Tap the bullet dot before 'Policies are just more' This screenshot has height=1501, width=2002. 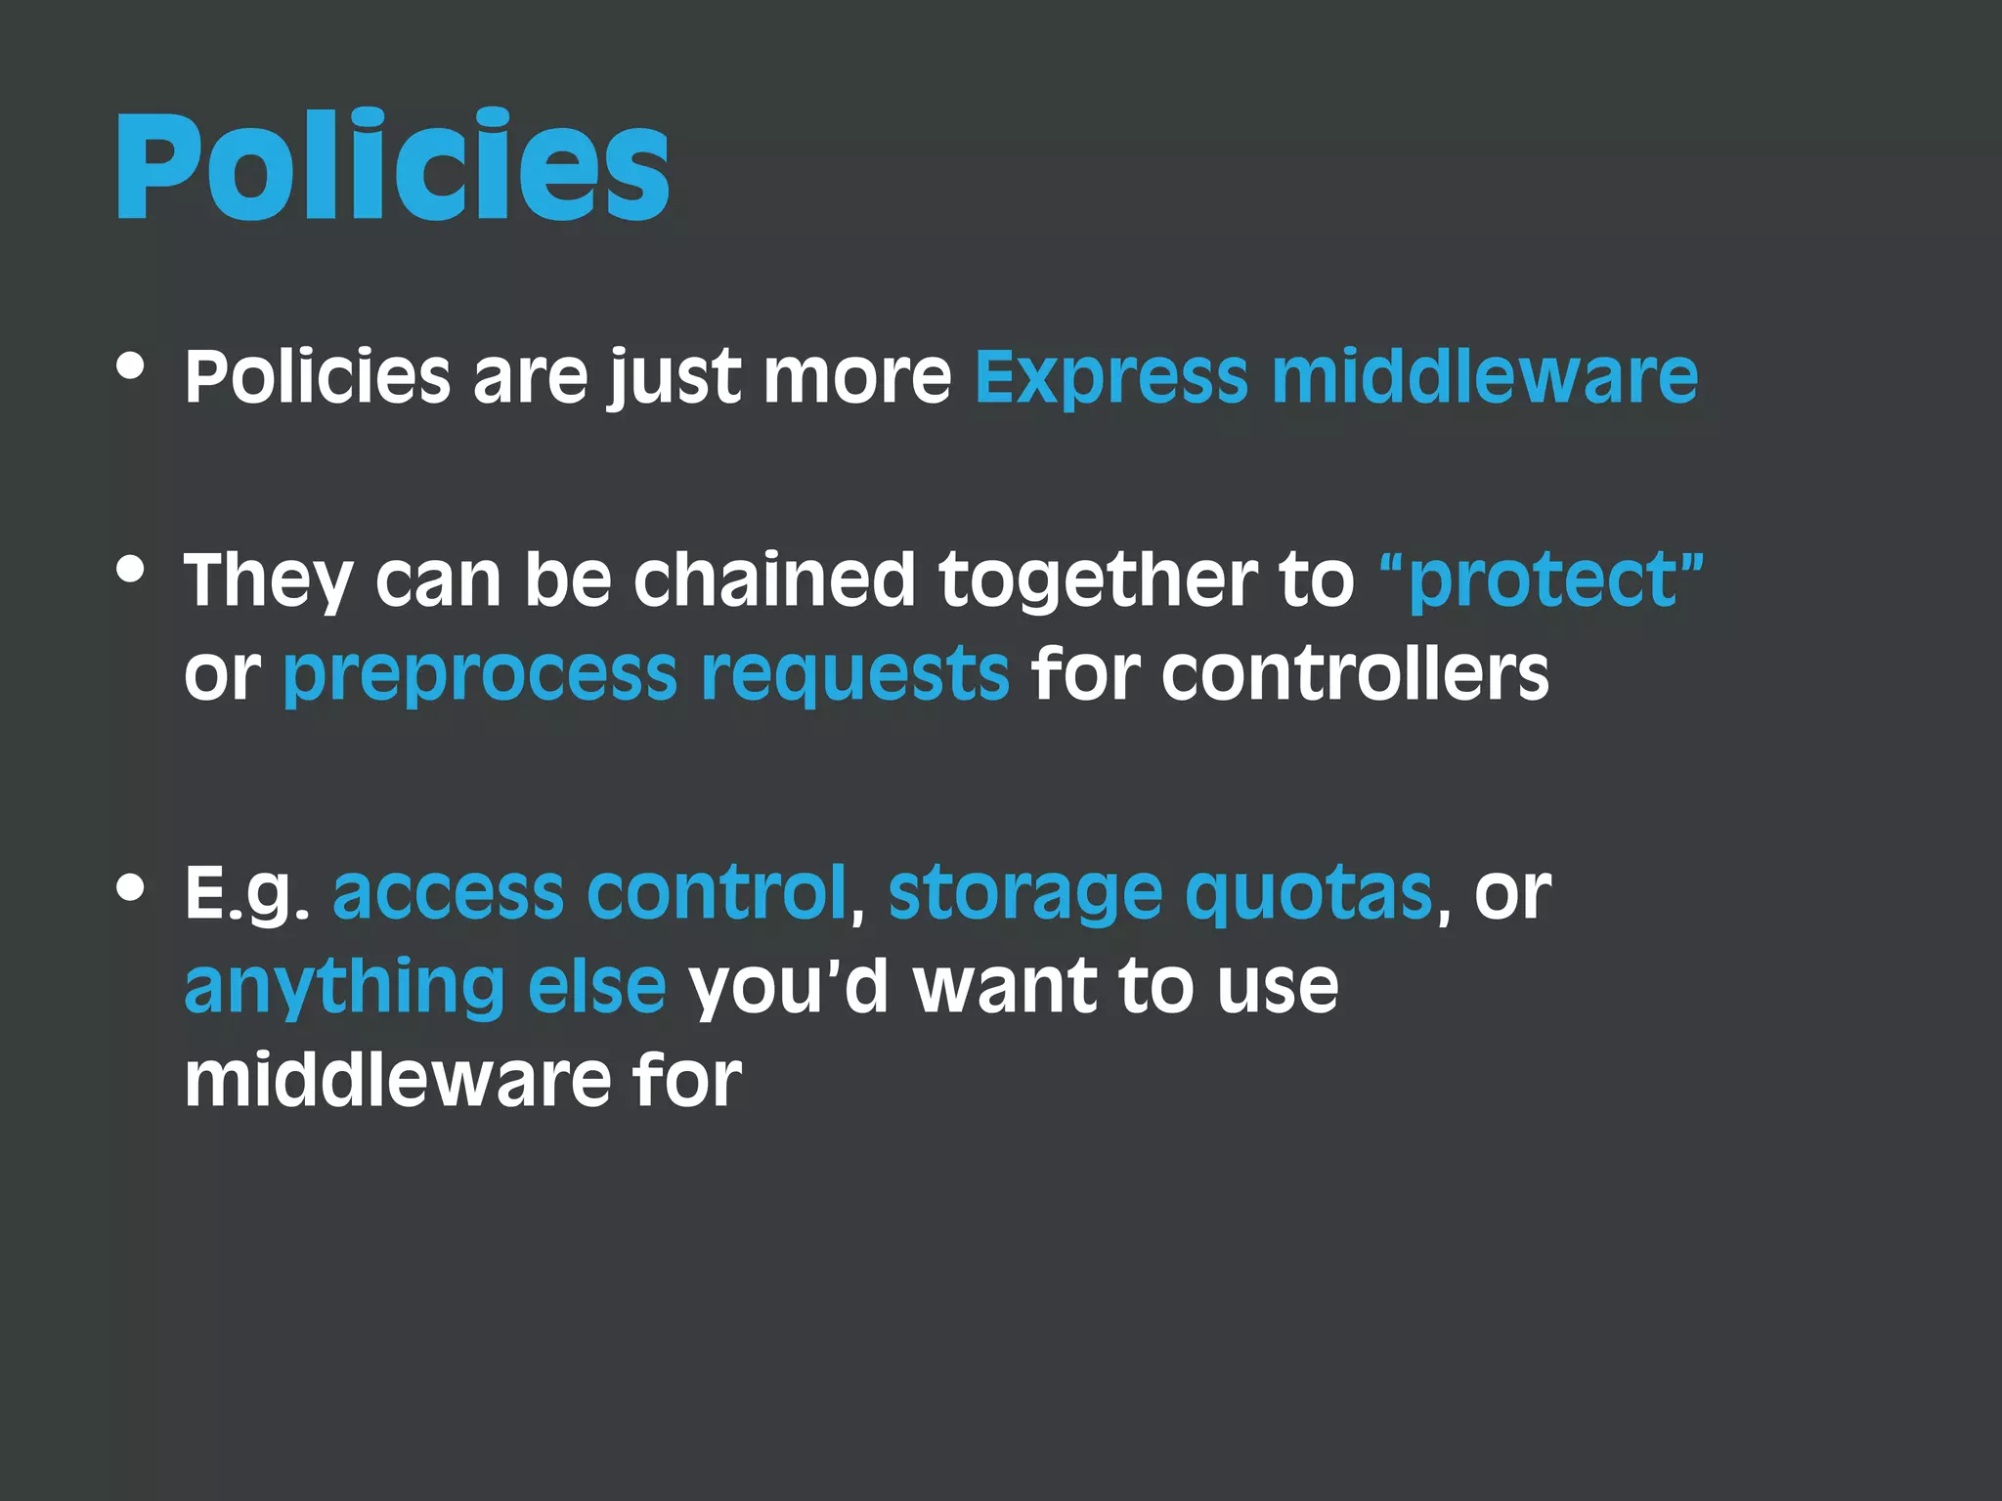point(130,366)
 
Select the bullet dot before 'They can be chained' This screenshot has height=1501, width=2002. point(130,569)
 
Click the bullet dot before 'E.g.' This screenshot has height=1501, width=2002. point(130,887)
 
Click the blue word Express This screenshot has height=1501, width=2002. point(1110,377)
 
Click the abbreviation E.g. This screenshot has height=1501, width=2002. point(247,893)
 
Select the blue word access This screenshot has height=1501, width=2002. point(448,893)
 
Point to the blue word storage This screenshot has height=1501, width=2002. point(1024,895)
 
